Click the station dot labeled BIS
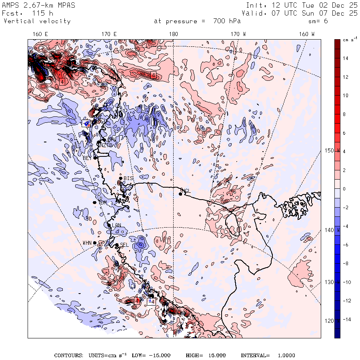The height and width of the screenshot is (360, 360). pyautogui.click(x=120, y=178)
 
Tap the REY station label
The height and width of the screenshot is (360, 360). pyautogui.click(x=87, y=158)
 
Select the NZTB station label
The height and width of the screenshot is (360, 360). pyautogui.click(x=106, y=145)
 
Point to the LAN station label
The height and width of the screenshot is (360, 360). pyautogui.click(x=116, y=226)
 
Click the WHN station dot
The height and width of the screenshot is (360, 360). pyautogui.click(x=95, y=243)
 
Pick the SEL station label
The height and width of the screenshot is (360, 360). pyautogui.click(x=124, y=245)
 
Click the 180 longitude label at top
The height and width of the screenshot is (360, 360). pyautogui.click(x=174, y=34)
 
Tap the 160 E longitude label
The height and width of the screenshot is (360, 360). pyautogui.click(x=40, y=34)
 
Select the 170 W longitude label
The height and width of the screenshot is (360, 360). pyautogui.click(x=238, y=34)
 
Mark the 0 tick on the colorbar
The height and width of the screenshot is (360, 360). pyautogui.click(x=344, y=189)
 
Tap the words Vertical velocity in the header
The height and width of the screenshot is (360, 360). pyautogui.click(x=37, y=21)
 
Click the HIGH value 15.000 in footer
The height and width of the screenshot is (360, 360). pyautogui.click(x=216, y=356)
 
